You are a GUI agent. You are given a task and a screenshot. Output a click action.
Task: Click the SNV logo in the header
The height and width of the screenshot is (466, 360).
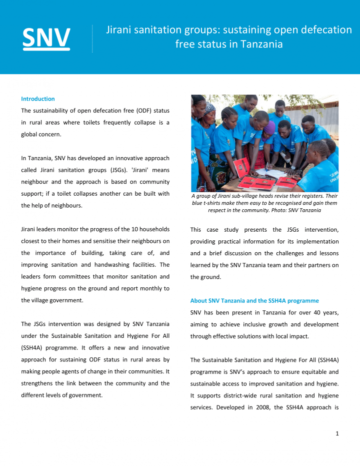[46, 38]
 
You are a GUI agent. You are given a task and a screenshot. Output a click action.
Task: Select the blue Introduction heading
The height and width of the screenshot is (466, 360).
[38, 99]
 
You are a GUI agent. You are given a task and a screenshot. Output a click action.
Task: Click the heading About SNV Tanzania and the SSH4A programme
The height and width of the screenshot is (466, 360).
[254, 301]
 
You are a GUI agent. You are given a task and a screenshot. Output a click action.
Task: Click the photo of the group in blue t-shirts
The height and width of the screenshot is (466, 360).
[264, 143]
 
